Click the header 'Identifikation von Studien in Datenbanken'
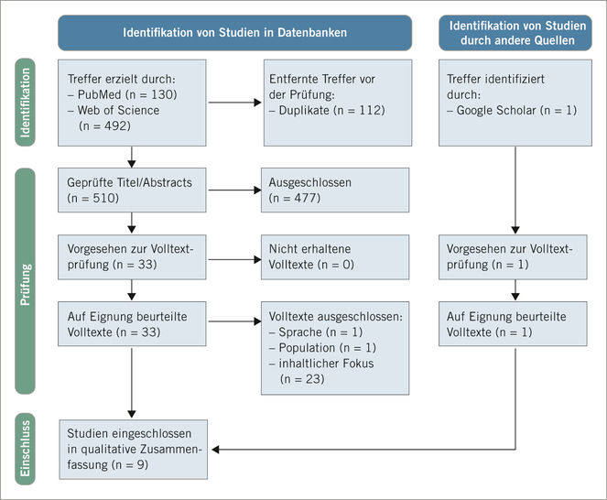coord(234,33)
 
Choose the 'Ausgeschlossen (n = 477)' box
coord(335,190)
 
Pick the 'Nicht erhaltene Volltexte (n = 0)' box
coord(335,255)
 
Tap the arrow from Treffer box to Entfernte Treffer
coord(233,101)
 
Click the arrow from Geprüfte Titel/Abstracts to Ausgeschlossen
coord(233,190)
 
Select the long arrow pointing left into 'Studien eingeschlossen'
coord(366,449)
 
